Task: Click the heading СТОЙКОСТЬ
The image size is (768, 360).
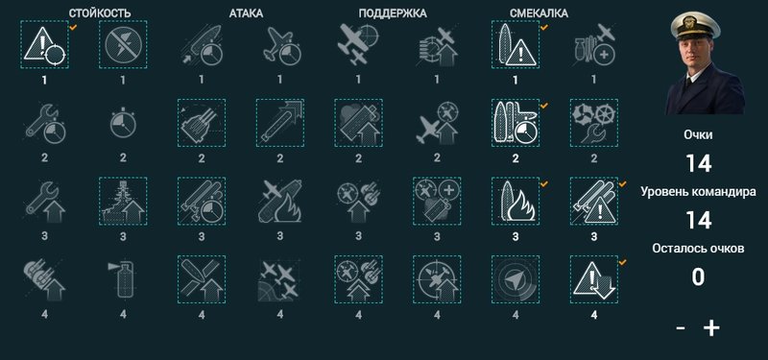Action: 100,13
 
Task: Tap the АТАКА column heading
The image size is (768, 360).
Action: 246,13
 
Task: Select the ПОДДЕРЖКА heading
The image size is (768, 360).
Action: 393,13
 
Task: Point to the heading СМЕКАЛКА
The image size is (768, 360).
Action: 539,13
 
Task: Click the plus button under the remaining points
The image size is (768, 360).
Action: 711,328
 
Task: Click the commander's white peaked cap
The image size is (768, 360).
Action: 695,26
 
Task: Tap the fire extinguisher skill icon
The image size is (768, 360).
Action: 123,279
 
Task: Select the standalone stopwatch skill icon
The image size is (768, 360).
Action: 123,123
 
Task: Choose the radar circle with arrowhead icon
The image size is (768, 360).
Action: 516,279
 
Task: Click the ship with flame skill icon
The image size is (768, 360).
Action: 516,202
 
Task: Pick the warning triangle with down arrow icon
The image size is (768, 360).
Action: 594,279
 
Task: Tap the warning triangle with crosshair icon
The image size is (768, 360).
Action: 44,44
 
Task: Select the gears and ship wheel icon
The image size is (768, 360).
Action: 594,123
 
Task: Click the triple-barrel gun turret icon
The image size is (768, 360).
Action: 202,123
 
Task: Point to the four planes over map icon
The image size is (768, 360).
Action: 279,279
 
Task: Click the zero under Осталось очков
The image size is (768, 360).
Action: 699,276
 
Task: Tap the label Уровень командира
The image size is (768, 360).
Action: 699,192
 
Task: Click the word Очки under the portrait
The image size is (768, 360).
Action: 699,135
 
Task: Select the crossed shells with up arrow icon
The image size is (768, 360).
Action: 202,279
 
